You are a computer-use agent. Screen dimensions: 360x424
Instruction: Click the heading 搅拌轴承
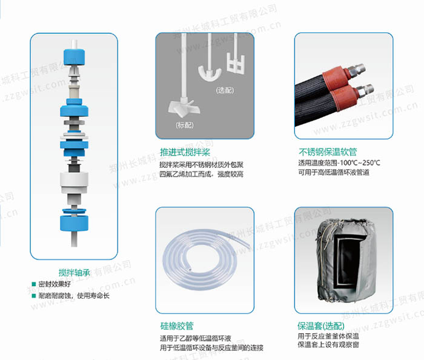coord(74,272)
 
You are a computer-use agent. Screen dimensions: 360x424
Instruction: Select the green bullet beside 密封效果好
coord(34,284)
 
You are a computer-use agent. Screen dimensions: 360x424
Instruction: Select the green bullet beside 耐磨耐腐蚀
coord(34,296)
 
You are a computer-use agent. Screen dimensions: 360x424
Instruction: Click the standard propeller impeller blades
coord(182,109)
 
